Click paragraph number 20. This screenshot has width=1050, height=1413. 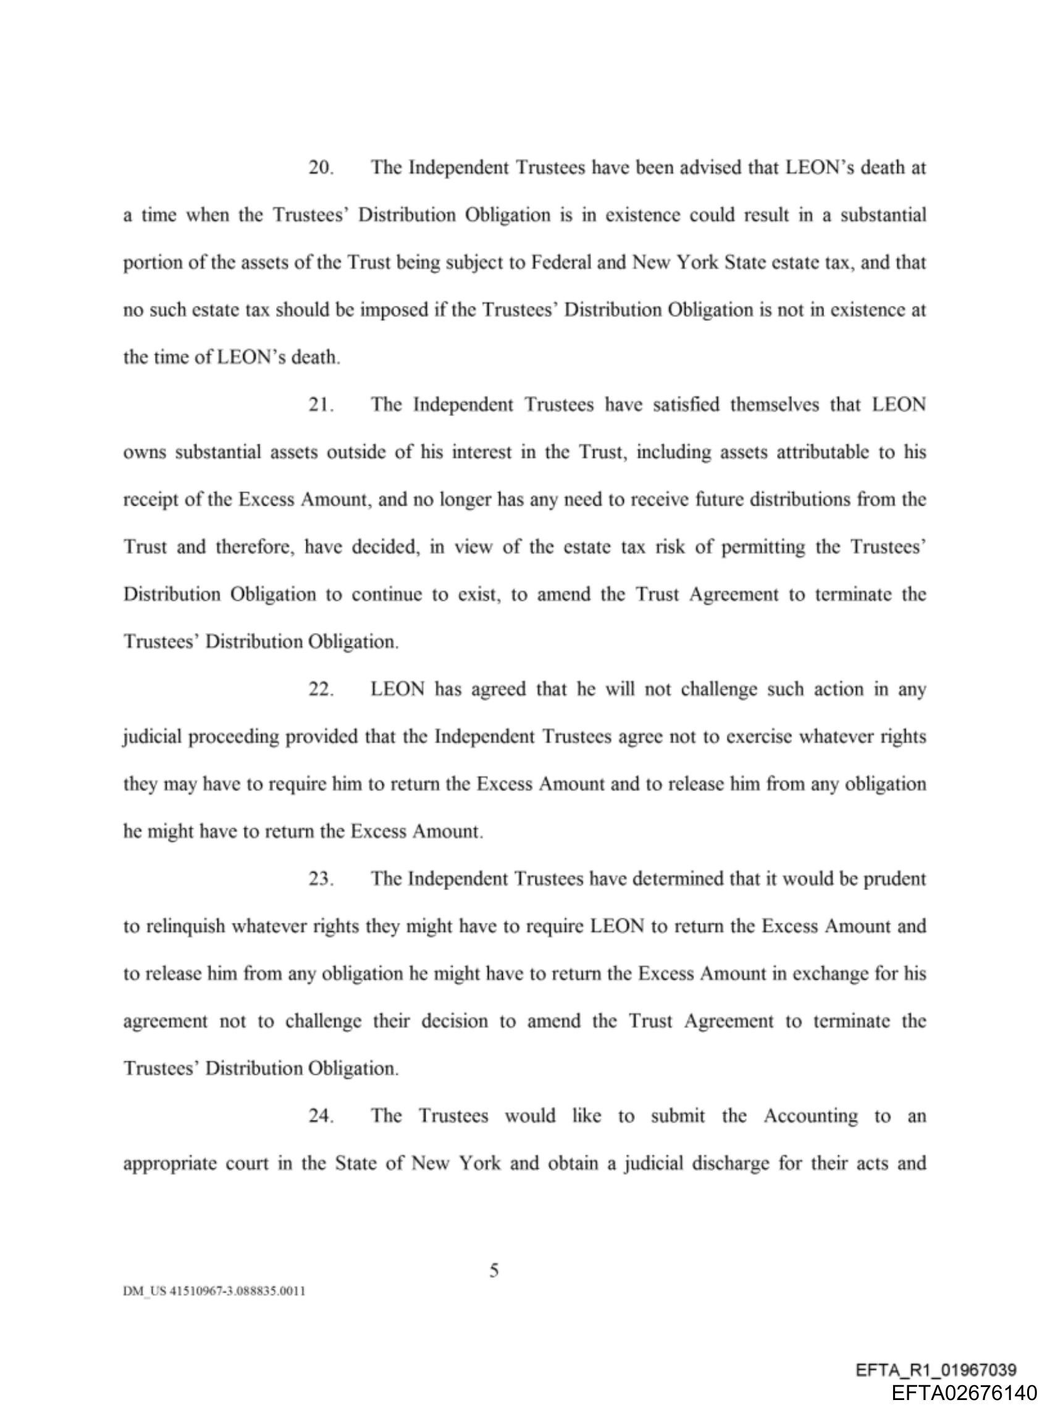click(321, 168)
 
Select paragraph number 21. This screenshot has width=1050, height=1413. click(321, 405)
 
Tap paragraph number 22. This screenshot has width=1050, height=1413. click(321, 689)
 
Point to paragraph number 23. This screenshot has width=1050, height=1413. click(321, 879)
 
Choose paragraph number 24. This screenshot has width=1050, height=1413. click(321, 1116)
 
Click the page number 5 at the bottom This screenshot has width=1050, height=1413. click(494, 1271)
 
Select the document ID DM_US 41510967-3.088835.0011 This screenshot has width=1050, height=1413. click(214, 1291)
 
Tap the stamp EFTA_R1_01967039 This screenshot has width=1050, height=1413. click(936, 1370)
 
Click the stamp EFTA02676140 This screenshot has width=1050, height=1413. click(964, 1393)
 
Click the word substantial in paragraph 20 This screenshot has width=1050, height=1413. click(883, 216)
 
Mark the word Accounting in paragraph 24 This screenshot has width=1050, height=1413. click(810, 1116)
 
